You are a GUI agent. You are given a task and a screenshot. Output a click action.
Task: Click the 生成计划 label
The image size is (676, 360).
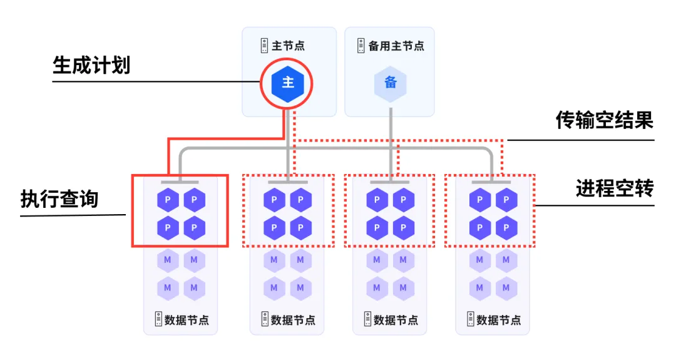tap(91, 66)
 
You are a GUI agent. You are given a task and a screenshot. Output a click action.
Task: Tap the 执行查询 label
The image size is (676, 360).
tap(59, 198)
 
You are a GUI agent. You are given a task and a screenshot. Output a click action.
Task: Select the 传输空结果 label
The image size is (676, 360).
tap(605, 120)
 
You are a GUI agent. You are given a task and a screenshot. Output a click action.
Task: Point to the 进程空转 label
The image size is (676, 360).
tap(615, 188)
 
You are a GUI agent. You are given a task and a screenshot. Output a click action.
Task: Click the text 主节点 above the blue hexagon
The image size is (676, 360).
tap(288, 46)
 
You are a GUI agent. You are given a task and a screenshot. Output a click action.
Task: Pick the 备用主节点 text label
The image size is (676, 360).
tap(396, 46)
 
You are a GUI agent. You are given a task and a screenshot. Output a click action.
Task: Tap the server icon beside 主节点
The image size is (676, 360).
tap(264, 46)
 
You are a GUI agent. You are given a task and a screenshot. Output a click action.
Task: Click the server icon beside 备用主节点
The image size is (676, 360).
tap(361, 46)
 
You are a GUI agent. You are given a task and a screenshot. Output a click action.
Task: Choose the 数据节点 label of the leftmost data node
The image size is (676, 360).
tap(187, 320)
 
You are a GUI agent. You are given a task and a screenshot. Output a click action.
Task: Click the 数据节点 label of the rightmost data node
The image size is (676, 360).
tap(499, 320)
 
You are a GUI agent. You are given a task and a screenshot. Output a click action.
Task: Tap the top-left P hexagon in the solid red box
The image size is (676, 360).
tap(168, 200)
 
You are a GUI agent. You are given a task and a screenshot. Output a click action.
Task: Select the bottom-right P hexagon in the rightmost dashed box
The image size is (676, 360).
tap(506, 228)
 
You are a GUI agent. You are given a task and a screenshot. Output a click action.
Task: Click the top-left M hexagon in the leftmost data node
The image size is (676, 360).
tap(168, 260)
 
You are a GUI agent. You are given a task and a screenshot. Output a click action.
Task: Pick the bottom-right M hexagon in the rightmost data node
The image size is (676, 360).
tap(506, 287)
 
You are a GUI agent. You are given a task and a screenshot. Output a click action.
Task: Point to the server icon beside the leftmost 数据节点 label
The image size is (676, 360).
tap(158, 319)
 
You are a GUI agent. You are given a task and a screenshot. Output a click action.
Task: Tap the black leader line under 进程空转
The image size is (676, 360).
tap(594, 205)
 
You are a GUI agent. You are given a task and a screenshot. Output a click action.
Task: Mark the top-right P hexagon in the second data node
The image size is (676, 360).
tap(300, 200)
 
